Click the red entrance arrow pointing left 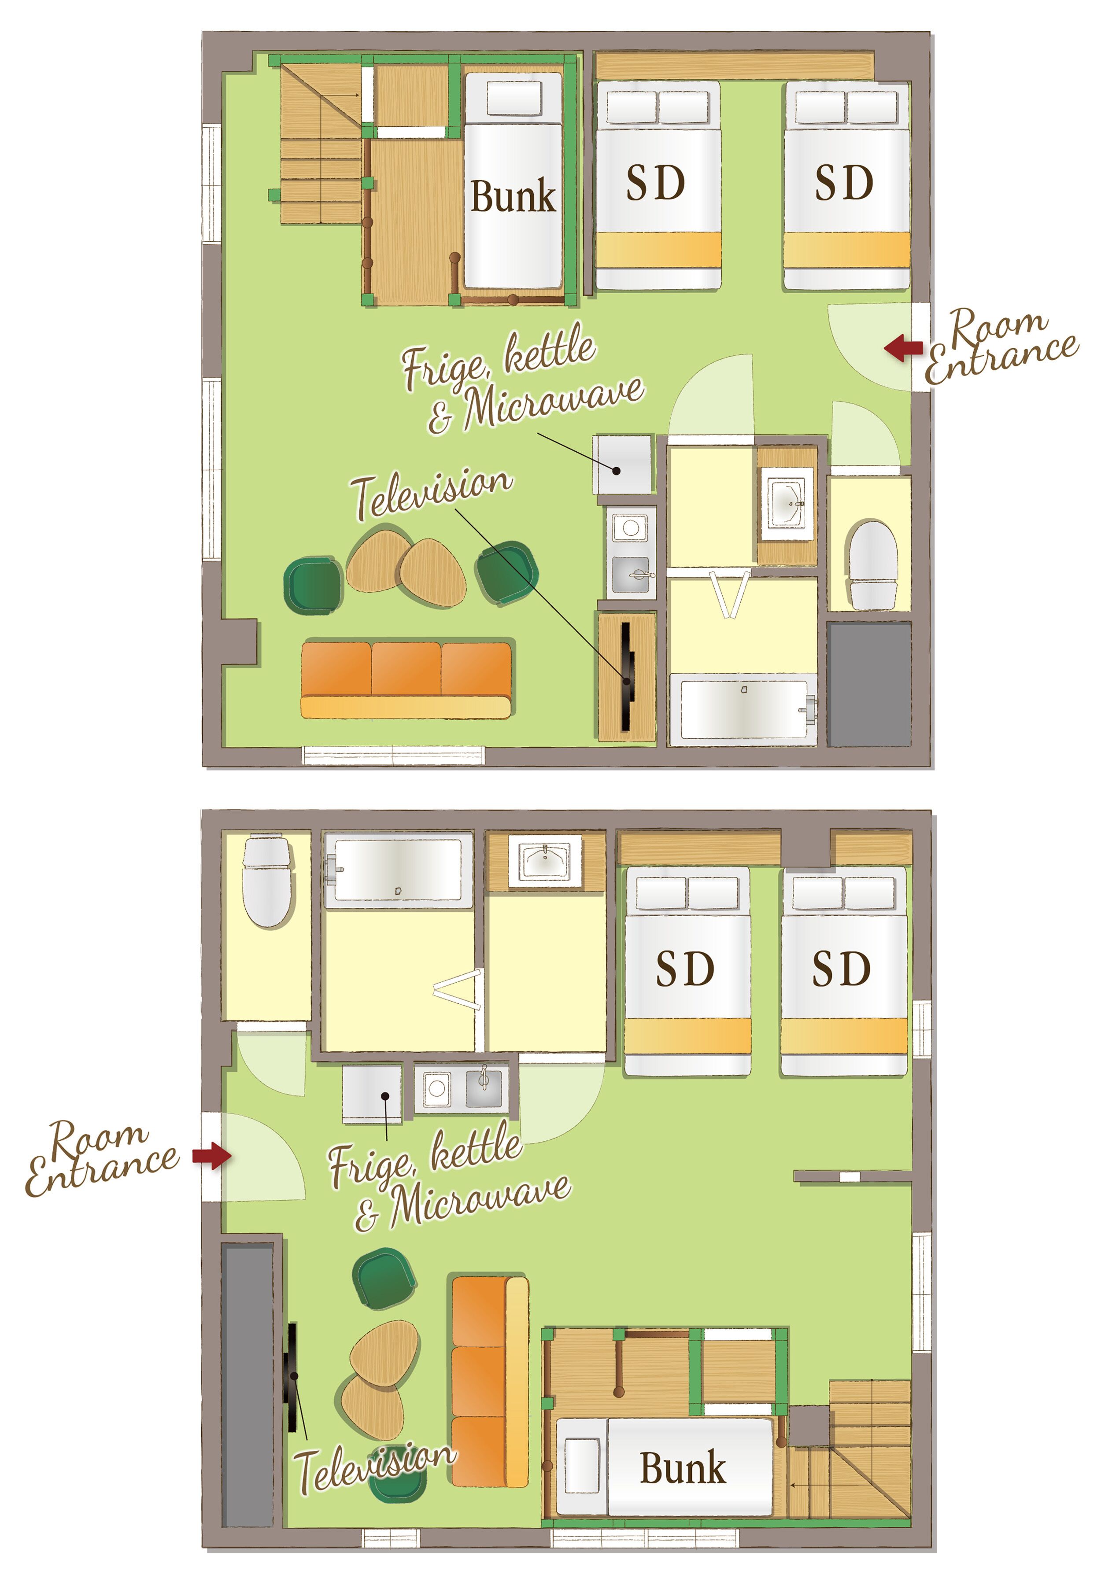tap(903, 348)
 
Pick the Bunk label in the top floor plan tap(513, 196)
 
